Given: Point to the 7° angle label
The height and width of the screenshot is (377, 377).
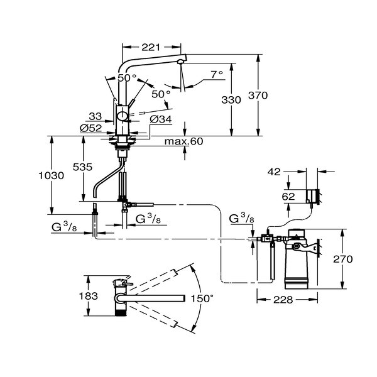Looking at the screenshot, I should (216, 74).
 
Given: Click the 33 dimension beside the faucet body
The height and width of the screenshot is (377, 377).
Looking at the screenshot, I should (95, 116).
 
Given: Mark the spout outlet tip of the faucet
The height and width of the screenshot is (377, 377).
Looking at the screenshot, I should (180, 62).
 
